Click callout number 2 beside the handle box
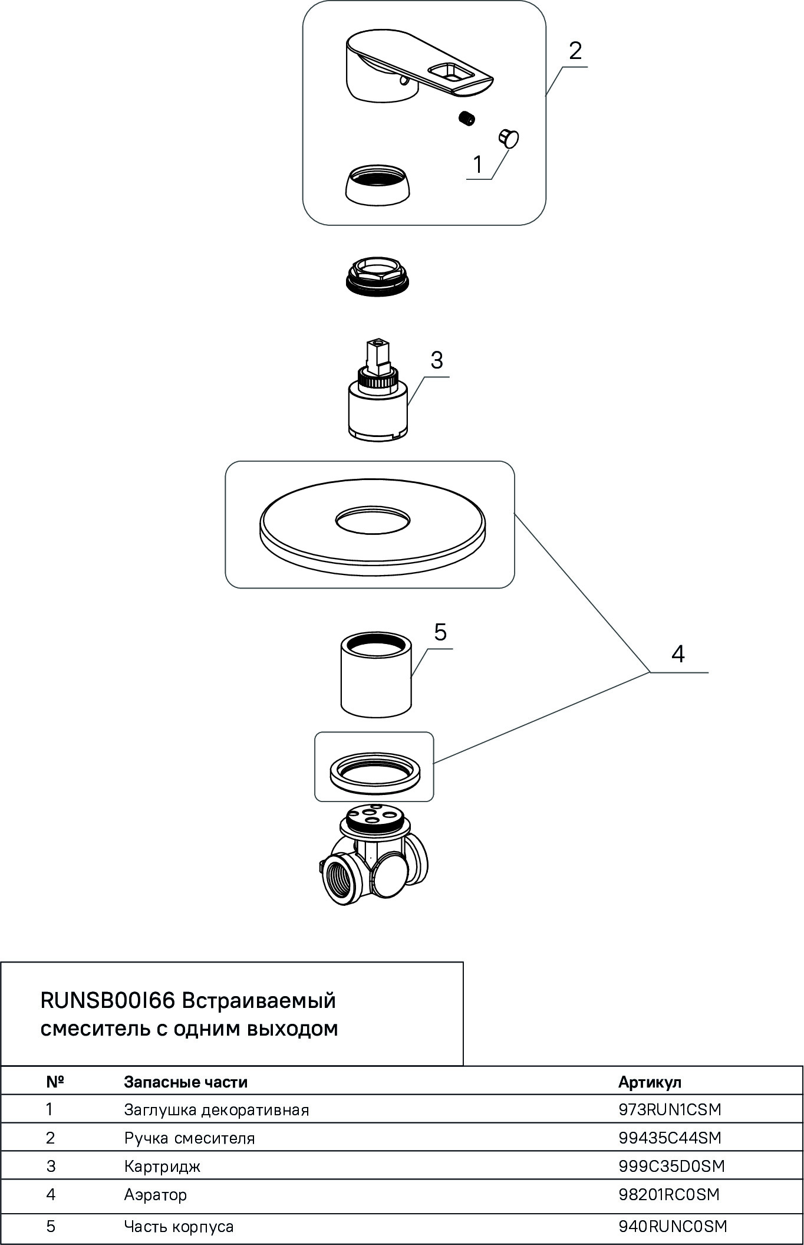pos(575,51)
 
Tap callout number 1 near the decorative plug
pos(478,165)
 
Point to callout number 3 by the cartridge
pos(436,360)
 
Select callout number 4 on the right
pos(678,654)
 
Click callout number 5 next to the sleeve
pos(440,632)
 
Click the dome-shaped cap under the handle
pos(375,185)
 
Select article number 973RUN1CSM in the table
pos(670,1109)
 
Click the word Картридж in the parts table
pos(162,1166)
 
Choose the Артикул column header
pos(650,1082)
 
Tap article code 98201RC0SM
pos(669,1194)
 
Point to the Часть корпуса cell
pos(179,1227)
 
